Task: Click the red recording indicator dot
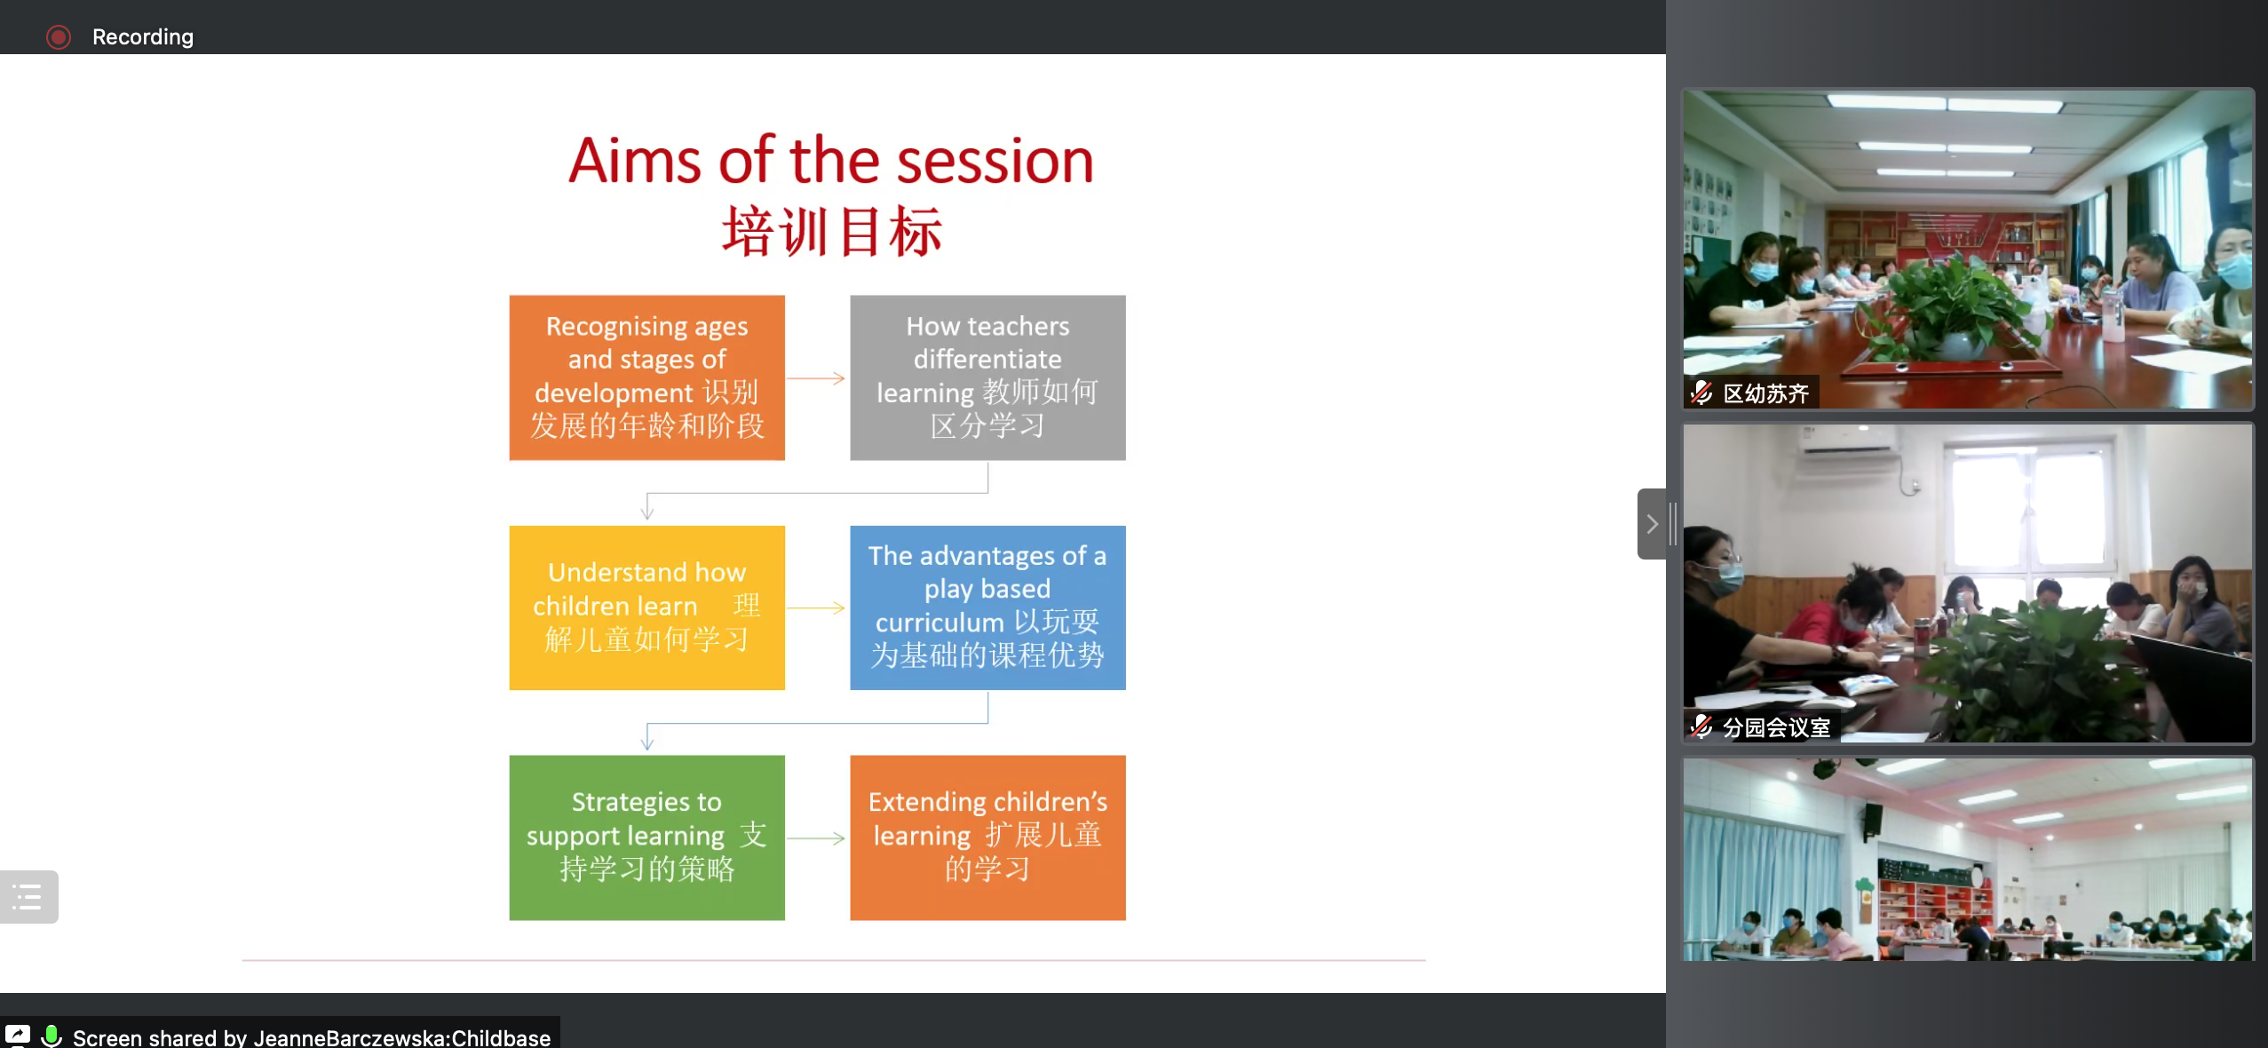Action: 59,37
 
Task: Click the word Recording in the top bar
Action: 143,37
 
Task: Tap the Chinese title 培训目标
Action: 831,232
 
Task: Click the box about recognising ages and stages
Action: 646,377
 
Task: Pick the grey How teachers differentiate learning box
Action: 987,377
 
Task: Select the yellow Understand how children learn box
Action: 646,607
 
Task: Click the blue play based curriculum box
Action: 987,607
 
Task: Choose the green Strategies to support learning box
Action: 646,838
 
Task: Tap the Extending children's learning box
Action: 987,838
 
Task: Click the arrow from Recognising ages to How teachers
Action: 816,378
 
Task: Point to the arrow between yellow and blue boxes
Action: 816,608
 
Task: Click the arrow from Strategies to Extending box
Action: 816,838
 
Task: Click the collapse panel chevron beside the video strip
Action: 1652,524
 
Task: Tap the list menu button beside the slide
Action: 28,897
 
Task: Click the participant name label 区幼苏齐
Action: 1765,393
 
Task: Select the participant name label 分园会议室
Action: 1776,728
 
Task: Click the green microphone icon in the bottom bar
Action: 52,1036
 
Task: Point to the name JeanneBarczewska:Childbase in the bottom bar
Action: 402,1038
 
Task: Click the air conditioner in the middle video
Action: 1851,441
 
